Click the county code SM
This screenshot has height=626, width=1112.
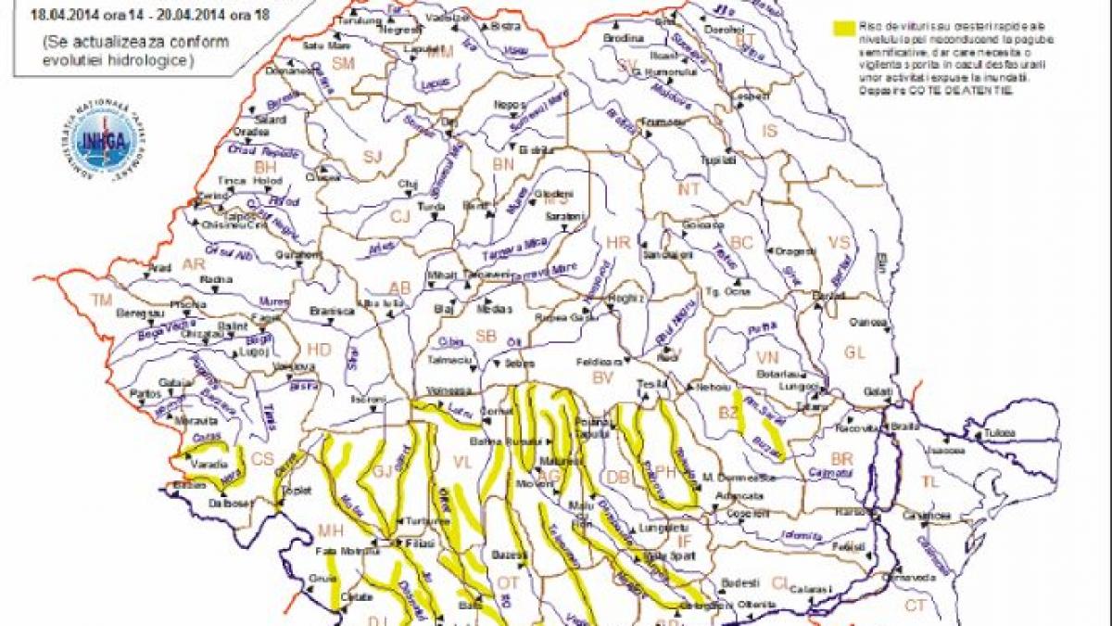click(344, 63)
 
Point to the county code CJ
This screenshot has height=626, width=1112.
click(399, 217)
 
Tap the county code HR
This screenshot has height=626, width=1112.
click(617, 242)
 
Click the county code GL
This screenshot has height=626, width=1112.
click(854, 352)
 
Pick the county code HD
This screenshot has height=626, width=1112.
click(318, 350)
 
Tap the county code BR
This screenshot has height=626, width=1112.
click(841, 459)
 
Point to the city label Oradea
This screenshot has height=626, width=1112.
click(251, 132)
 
